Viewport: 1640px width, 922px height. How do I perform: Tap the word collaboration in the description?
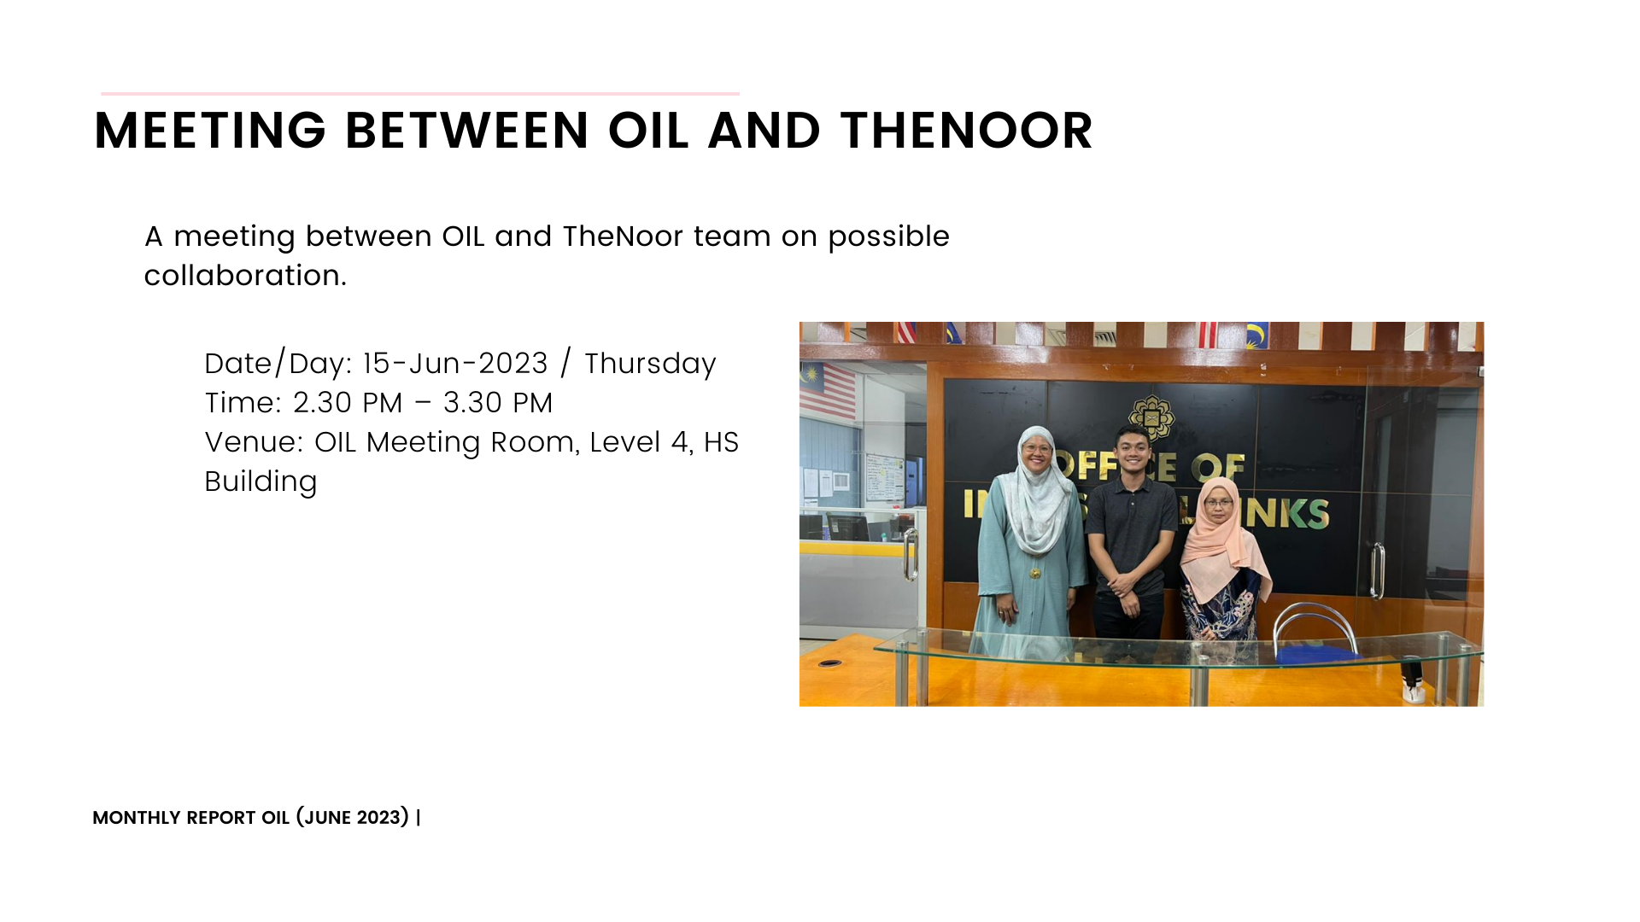click(x=245, y=276)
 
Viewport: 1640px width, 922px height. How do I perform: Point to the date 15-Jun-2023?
click(x=455, y=364)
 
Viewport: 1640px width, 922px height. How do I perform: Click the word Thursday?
click(x=650, y=365)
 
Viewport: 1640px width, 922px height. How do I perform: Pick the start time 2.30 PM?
click(x=348, y=403)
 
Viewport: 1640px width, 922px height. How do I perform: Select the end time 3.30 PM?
click(x=498, y=403)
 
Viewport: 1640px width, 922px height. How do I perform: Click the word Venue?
click(x=254, y=442)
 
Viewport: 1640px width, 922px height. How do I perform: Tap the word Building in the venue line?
click(x=261, y=482)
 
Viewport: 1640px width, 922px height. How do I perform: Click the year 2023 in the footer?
click(x=378, y=818)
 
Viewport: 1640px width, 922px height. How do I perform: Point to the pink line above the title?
click(x=420, y=93)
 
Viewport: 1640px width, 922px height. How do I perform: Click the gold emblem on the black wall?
click(x=1151, y=417)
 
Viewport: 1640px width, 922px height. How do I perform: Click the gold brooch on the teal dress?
click(x=1035, y=573)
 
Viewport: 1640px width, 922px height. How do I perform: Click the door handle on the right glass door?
click(x=1377, y=570)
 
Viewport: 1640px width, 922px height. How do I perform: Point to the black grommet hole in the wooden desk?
click(x=829, y=663)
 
